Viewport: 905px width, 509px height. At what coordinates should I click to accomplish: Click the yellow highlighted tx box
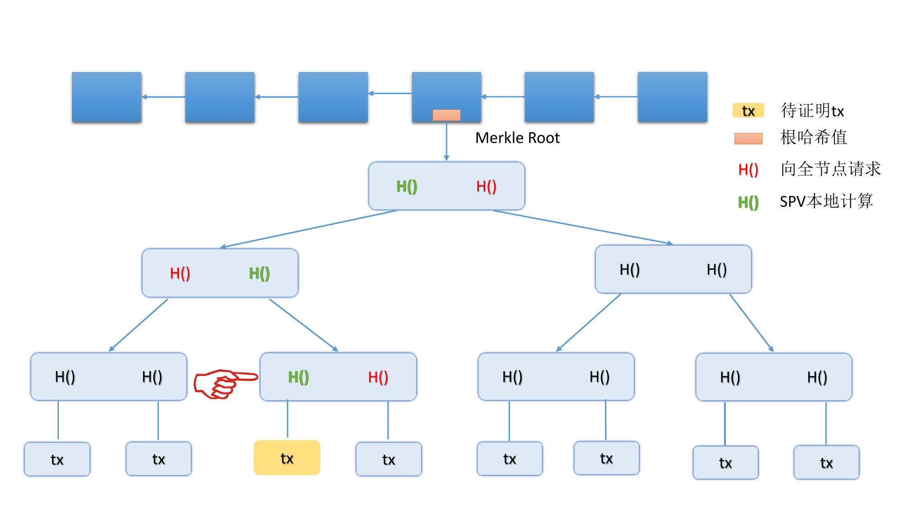coord(287,458)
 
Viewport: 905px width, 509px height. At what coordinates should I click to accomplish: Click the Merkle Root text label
coord(517,138)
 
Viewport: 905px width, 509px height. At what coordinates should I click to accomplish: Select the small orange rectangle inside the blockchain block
coord(446,115)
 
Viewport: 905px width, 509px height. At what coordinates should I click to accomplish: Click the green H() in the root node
coord(407,186)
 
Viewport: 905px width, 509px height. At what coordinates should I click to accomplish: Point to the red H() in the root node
coord(486,186)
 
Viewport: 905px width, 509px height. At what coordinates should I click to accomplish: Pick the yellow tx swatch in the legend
coord(748,110)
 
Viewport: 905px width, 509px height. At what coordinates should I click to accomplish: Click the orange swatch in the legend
coord(748,138)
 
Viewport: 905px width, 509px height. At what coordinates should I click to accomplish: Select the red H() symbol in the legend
coord(748,170)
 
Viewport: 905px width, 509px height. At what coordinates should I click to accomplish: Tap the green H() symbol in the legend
coord(748,202)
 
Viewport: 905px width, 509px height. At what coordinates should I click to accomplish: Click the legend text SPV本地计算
coord(826,201)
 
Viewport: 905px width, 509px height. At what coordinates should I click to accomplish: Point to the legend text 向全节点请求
coord(831,169)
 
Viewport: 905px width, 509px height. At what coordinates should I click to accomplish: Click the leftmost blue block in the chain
coord(106,97)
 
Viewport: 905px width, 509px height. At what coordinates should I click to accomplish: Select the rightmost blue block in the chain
coord(672,97)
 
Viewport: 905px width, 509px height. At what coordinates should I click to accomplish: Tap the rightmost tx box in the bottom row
coord(826,462)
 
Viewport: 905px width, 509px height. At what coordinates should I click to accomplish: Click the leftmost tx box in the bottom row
coord(57,459)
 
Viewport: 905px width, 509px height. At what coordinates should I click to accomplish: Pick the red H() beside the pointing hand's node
coord(378,377)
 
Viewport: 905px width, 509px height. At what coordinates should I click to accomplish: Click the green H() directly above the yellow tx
coord(299,377)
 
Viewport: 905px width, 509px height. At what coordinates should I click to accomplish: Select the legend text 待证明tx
coord(812,110)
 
